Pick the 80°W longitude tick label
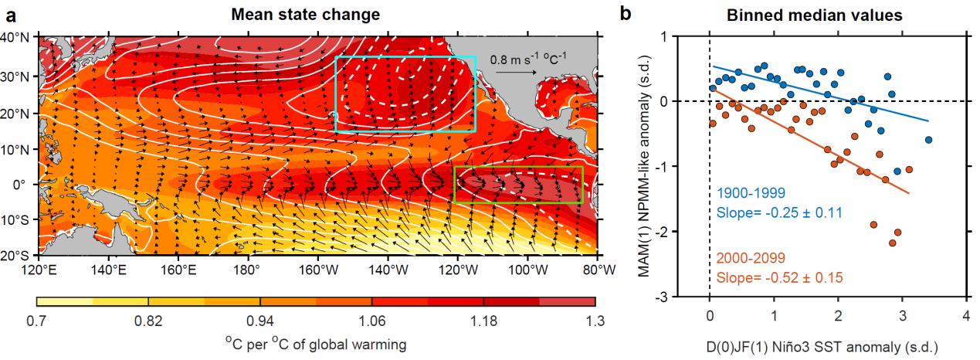coord(596,270)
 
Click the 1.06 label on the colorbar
coord(371,321)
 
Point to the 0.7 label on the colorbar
coord(37,321)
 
